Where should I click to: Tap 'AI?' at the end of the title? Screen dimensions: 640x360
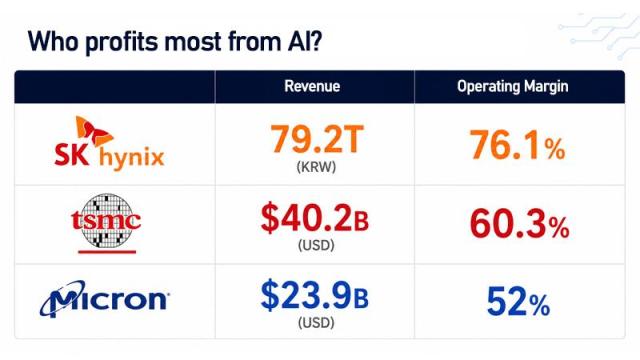(302, 41)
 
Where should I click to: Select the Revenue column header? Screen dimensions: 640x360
(312, 86)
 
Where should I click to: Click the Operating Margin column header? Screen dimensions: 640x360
(513, 87)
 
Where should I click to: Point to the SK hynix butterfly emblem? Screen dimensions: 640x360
(93, 131)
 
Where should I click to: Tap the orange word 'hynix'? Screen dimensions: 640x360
(131, 158)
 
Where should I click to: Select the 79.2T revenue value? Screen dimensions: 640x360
(317, 139)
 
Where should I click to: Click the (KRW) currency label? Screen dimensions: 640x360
(316, 167)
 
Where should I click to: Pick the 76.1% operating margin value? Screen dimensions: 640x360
(518, 144)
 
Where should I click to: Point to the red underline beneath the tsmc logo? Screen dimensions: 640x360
(107, 252)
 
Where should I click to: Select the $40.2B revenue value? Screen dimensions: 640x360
(315, 218)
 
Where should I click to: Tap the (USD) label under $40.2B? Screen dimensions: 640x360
(316, 245)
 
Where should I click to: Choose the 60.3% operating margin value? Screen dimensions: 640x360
(519, 223)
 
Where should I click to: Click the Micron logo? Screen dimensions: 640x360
(104, 299)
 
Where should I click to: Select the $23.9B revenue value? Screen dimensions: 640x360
(315, 295)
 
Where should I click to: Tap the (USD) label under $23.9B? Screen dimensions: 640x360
(316, 323)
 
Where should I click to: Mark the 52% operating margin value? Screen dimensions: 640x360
(518, 302)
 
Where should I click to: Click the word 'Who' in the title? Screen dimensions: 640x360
(53, 41)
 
